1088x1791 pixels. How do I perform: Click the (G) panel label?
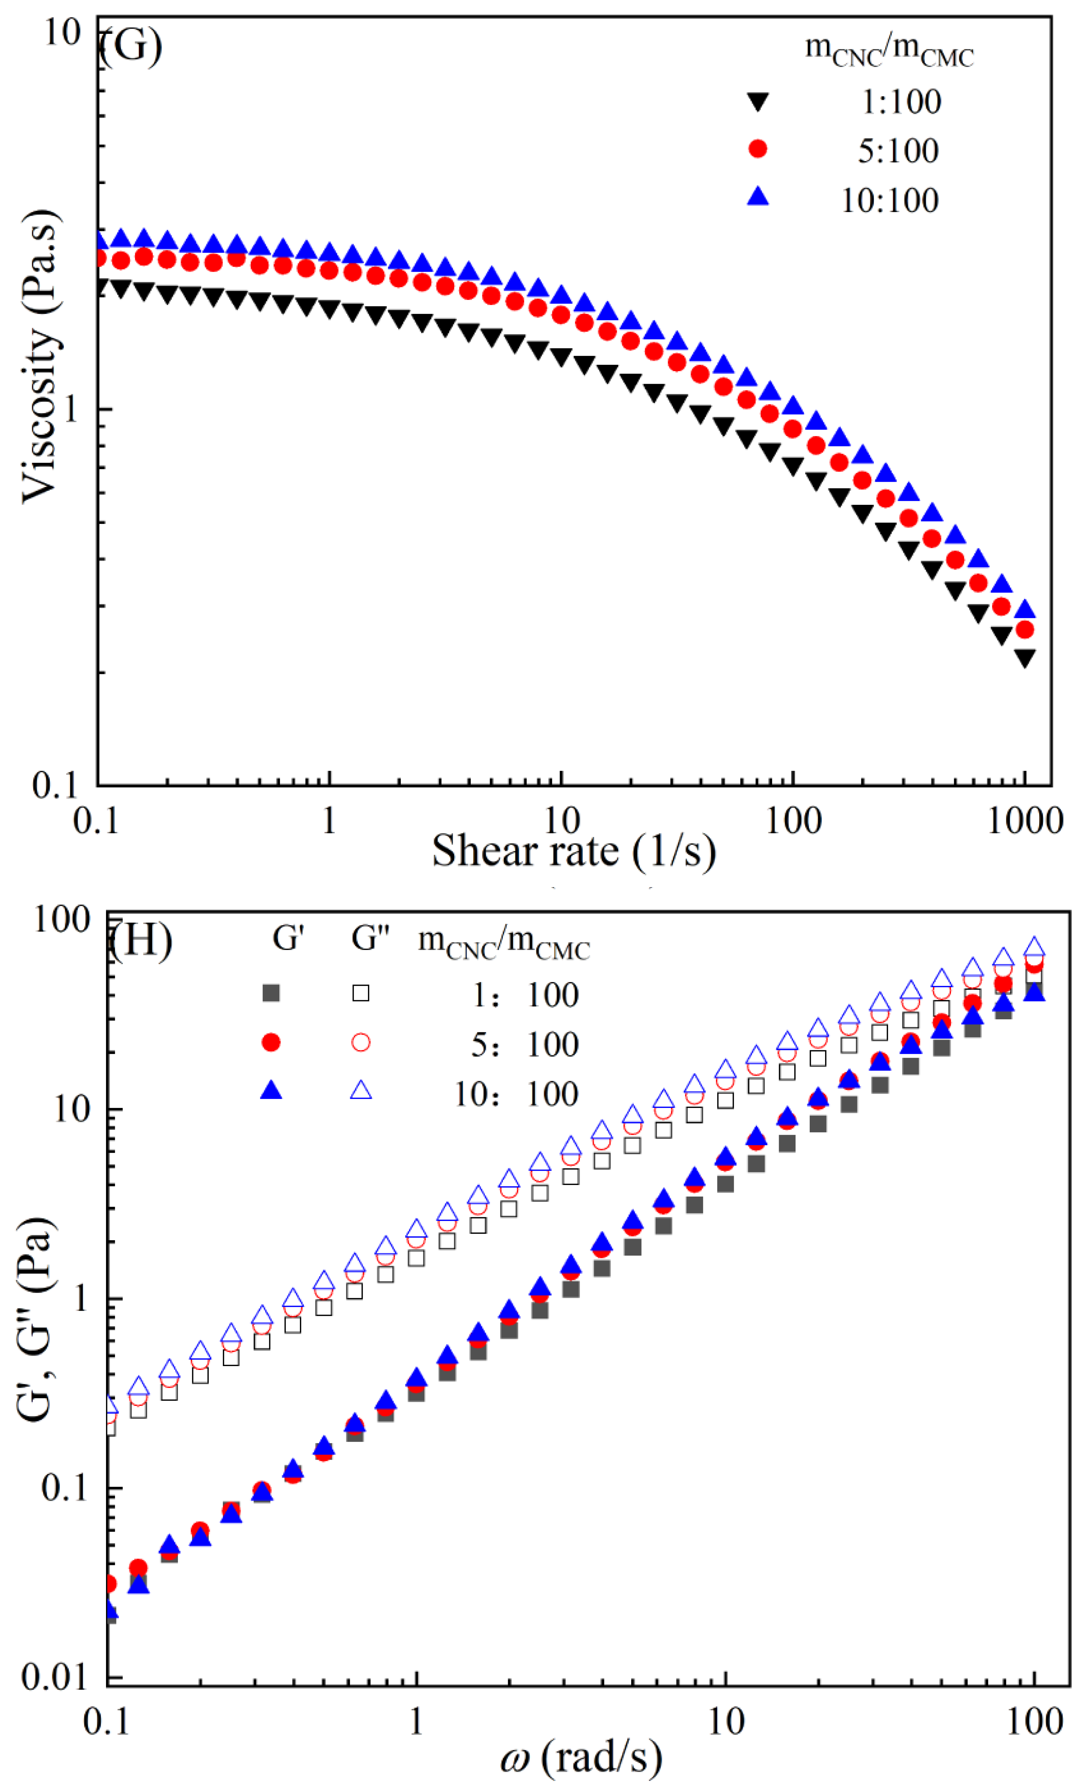click(x=131, y=46)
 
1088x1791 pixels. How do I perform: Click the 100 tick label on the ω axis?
click(x=1032, y=1723)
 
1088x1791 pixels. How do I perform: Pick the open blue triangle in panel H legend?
click(x=361, y=1090)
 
